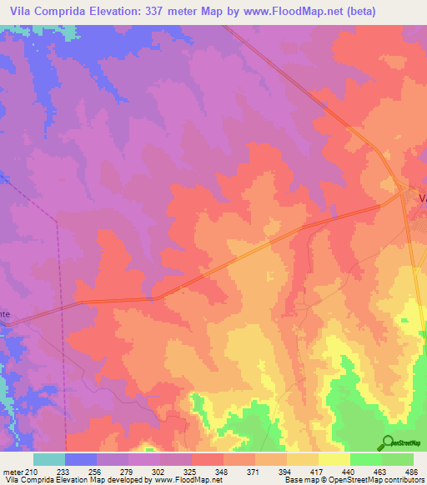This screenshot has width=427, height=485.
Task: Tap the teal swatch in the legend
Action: [49, 459]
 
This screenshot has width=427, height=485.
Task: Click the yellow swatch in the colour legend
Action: [334, 459]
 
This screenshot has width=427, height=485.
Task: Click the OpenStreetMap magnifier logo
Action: [388, 442]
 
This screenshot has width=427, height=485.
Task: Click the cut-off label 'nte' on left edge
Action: [5, 314]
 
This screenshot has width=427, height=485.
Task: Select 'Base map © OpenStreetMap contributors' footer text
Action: [354, 480]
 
